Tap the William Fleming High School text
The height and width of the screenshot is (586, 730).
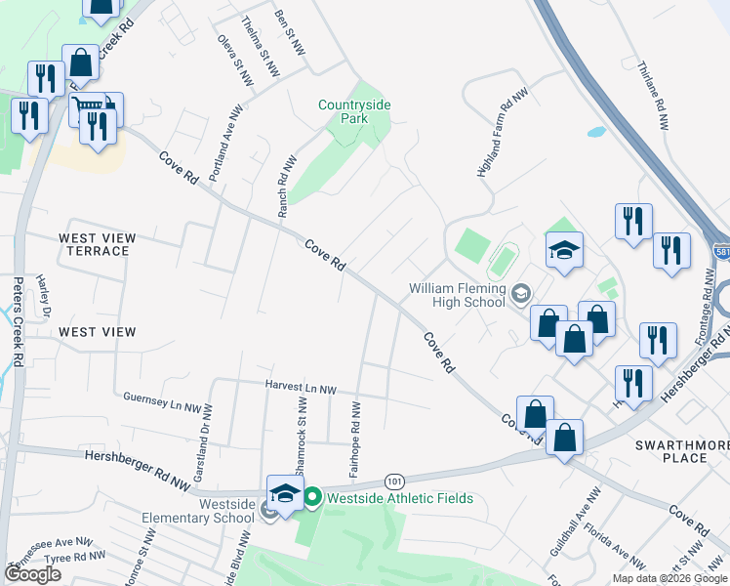pos(457,296)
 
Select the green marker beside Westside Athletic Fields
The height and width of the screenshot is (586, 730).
pos(313,498)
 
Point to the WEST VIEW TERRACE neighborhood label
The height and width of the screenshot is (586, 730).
pos(94,244)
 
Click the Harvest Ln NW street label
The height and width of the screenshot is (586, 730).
pos(301,389)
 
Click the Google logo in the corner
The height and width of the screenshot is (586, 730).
pos(34,574)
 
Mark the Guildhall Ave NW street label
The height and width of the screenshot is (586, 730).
pos(571,527)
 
